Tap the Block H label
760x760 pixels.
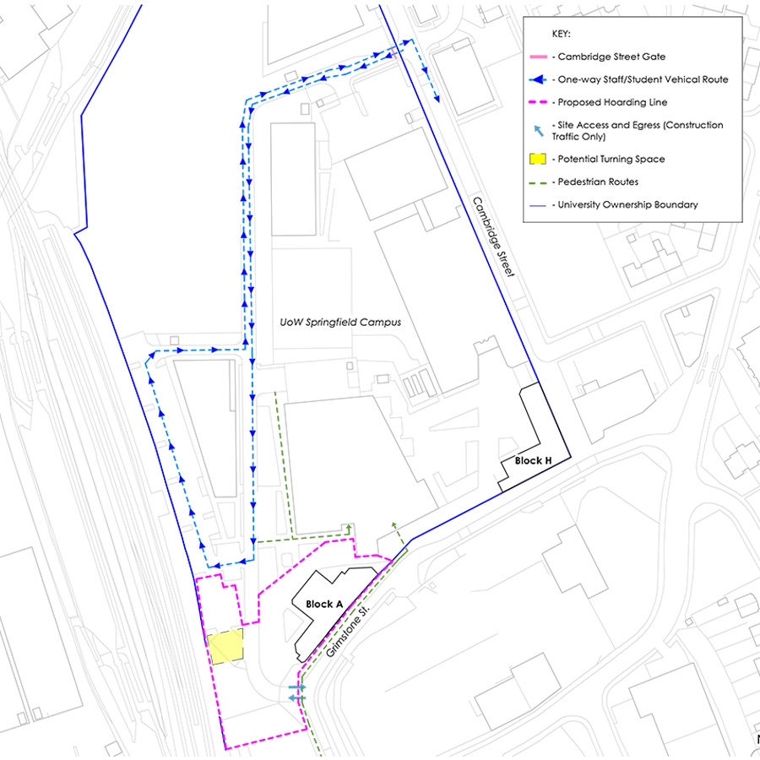click(x=533, y=461)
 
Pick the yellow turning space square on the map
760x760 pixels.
click(x=225, y=646)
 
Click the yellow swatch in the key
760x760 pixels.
click(x=537, y=159)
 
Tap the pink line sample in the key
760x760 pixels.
click(x=537, y=57)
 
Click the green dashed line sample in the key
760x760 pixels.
click(x=537, y=182)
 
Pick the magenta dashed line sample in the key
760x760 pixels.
click(x=537, y=102)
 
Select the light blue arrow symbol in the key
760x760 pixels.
click(x=536, y=130)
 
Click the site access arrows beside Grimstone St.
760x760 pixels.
click(x=296, y=693)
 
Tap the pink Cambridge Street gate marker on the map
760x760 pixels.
click(x=394, y=54)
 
